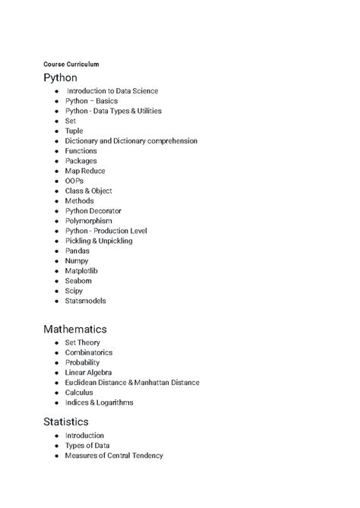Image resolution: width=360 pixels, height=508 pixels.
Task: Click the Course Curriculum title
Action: [x=71, y=64]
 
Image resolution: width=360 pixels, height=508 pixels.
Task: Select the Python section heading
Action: [x=60, y=77]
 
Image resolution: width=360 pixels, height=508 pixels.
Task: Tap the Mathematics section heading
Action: [x=74, y=329]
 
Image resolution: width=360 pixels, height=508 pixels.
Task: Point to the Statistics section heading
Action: [x=66, y=421]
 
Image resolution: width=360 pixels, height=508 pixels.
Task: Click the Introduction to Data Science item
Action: [x=112, y=91]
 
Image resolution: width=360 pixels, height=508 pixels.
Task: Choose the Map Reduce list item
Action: [x=86, y=171]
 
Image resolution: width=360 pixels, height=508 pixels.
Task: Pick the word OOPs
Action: [x=74, y=181]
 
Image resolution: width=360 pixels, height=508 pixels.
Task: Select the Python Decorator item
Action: [x=93, y=211]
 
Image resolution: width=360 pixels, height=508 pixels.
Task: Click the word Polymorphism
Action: [x=89, y=221]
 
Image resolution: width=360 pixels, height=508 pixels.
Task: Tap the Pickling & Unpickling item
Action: [x=99, y=241]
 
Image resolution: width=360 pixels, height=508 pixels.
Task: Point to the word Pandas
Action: [x=77, y=251]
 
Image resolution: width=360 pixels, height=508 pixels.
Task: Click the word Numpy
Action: [x=77, y=260]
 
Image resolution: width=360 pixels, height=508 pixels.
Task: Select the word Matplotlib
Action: [x=81, y=270]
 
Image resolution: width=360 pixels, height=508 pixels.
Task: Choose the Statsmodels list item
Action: [x=85, y=301]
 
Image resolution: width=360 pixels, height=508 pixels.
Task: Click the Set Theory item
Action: [x=82, y=343]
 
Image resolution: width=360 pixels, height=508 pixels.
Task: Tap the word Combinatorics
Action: [x=89, y=353]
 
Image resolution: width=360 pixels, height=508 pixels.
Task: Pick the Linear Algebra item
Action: [x=88, y=373]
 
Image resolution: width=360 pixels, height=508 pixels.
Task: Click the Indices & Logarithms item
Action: [x=99, y=402]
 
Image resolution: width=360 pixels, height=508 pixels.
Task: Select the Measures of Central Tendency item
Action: [x=114, y=456]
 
